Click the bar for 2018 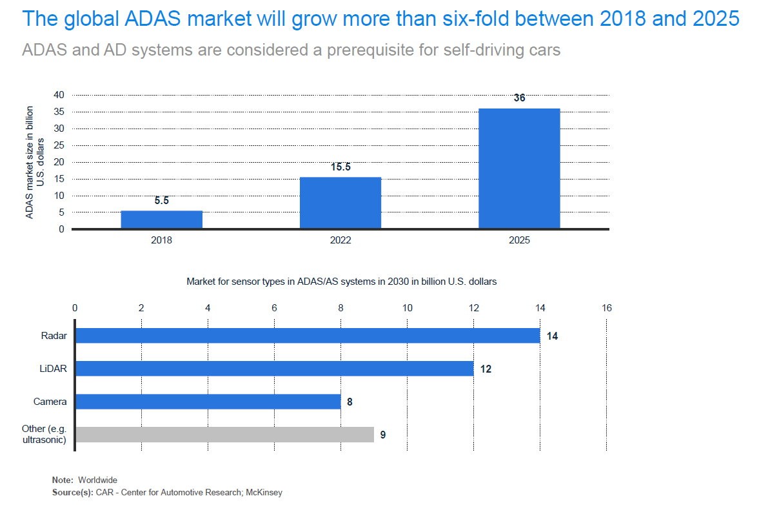coord(162,220)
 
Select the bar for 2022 coord(340,203)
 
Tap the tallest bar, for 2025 coord(519,168)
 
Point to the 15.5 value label coord(340,167)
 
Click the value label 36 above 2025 coord(519,98)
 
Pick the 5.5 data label coord(162,201)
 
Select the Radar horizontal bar coord(308,335)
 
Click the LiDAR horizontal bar coord(275,368)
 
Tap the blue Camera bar coord(208,401)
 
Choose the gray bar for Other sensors coord(224,434)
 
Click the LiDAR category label coord(54,369)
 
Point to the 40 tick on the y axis coord(59,95)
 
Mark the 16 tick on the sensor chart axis coord(607,308)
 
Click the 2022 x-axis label coord(340,240)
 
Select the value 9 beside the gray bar coord(383,435)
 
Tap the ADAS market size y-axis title coord(34,162)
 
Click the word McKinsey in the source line coord(264,492)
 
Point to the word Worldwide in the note coord(98,480)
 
